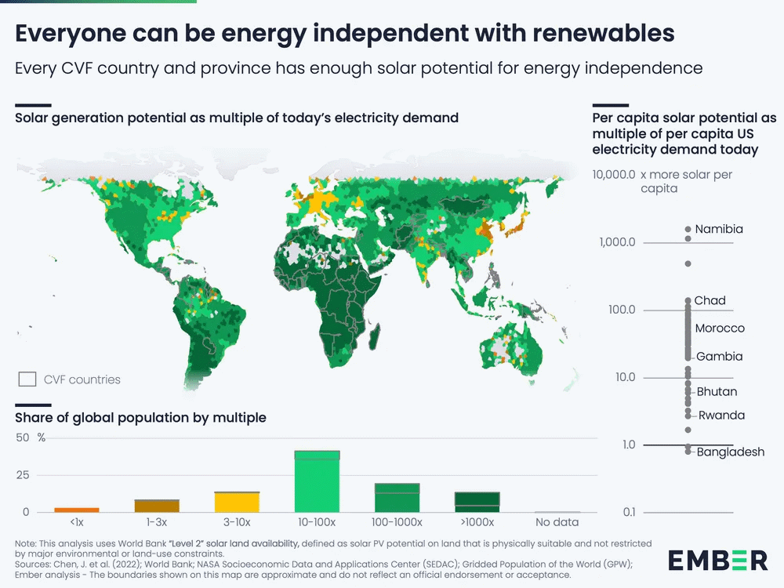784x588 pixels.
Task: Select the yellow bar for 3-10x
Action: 236,502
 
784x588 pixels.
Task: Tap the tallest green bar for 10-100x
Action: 317,481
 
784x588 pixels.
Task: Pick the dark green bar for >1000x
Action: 477,502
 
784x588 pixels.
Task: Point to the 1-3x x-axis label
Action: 156,522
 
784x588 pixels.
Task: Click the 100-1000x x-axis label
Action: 397,522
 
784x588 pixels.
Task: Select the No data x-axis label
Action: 557,522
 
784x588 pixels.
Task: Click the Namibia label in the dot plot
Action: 719,230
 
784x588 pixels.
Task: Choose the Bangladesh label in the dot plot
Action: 730,452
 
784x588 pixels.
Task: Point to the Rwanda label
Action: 721,416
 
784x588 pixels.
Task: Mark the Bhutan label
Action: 717,392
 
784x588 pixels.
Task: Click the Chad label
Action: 710,300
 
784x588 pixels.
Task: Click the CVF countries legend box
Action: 27,379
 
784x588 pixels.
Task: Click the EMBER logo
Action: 717,560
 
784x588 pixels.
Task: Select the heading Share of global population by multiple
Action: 140,418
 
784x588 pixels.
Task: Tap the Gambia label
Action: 719,357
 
